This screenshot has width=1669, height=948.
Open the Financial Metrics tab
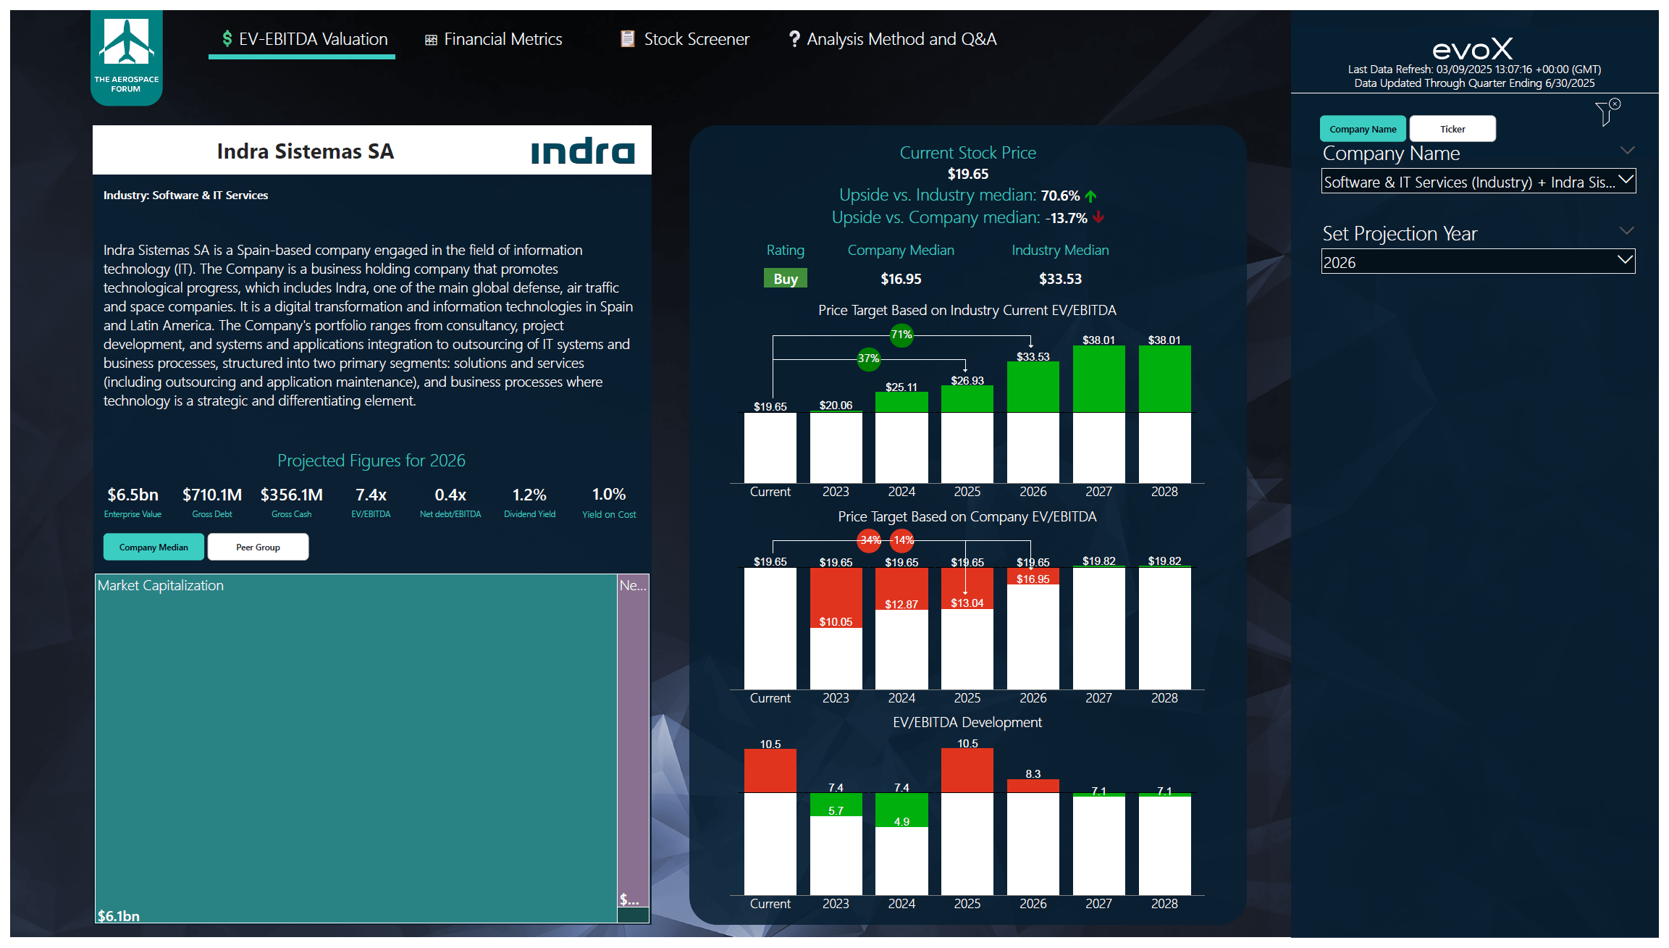tap(494, 39)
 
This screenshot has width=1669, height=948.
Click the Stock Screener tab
tap(685, 39)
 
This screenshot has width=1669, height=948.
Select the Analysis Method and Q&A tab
tap(893, 39)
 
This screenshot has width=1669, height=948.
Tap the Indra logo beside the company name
tap(583, 151)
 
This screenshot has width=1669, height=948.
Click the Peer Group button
tap(258, 548)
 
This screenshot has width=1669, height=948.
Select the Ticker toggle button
tap(1452, 129)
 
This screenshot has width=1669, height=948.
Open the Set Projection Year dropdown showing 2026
tap(1477, 262)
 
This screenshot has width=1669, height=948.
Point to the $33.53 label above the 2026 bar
tap(1033, 357)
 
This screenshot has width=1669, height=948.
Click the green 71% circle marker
tap(901, 335)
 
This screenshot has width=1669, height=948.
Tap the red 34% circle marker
tap(870, 540)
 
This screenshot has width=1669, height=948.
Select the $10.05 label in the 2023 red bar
tap(836, 622)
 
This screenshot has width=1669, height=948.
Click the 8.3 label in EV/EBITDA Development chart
tap(1033, 774)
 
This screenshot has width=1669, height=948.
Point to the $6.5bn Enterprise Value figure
tap(133, 495)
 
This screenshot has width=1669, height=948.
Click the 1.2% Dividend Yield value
tap(529, 495)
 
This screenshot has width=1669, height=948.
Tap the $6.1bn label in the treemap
tap(119, 916)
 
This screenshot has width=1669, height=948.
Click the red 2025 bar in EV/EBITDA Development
tap(967, 771)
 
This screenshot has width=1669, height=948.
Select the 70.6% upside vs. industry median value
tap(1060, 196)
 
